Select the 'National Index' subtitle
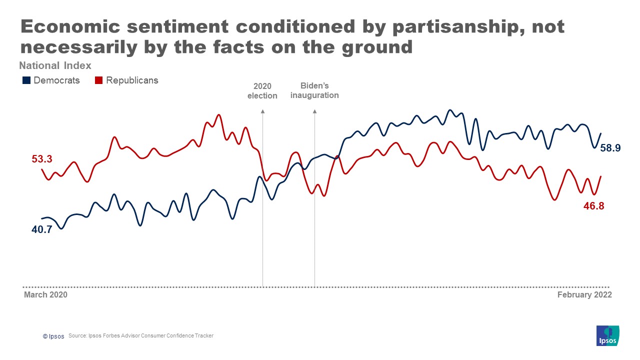[55, 65]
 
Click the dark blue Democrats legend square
[26, 80]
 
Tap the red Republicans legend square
[99, 80]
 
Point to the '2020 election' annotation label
[262, 91]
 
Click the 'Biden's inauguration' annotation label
[314, 90]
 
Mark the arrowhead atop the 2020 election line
[262, 112]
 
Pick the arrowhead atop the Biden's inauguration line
[314, 112]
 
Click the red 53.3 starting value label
[42, 159]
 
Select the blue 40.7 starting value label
[41, 230]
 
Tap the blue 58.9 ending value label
[610, 148]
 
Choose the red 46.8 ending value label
[593, 205]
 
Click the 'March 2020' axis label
[45, 295]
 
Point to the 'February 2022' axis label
[584, 295]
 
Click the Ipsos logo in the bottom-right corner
[608, 335]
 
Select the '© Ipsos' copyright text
[53, 336]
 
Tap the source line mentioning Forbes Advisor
[141, 336]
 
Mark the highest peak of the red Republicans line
[218, 115]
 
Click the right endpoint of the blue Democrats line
[600, 133]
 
